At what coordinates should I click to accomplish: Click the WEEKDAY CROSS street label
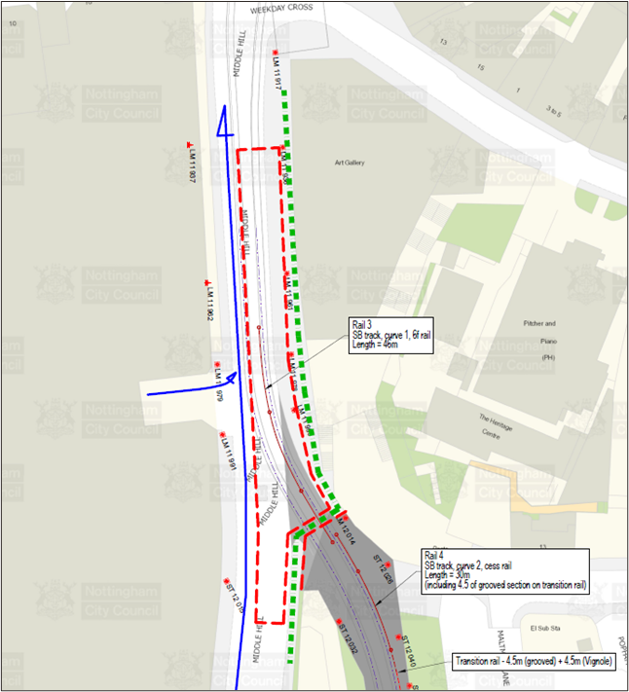coord(279,8)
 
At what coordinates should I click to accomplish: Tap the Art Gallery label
coord(349,163)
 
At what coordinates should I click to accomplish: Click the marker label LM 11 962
coord(208,302)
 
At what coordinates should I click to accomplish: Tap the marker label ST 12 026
coord(383,568)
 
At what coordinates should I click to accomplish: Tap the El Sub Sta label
coord(541,629)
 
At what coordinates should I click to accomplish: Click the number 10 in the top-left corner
coord(12,9)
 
